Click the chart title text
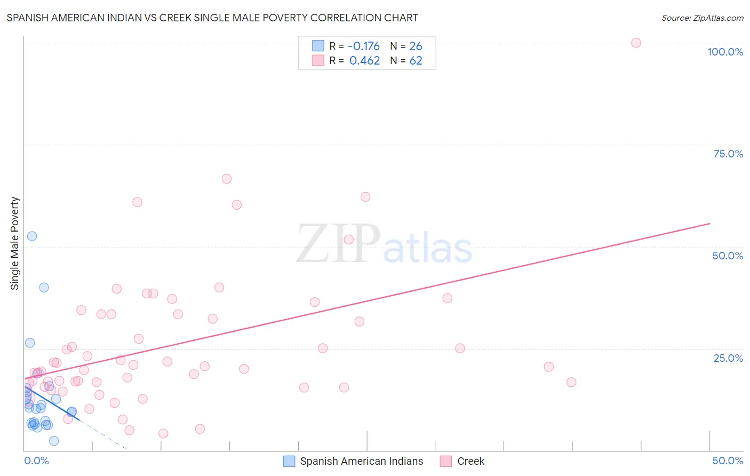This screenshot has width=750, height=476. pyautogui.click(x=212, y=18)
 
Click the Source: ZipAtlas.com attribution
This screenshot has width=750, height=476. pyautogui.click(x=702, y=18)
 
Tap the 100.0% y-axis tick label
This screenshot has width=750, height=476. pyautogui.click(x=725, y=52)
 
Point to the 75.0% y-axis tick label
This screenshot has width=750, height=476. pyautogui.click(x=728, y=154)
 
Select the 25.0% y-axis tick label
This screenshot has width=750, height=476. pyautogui.click(x=728, y=358)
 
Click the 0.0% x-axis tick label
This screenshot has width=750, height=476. pyautogui.click(x=36, y=461)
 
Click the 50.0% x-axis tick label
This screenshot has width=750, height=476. pyautogui.click(x=728, y=461)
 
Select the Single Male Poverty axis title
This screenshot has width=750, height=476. pyautogui.click(x=15, y=243)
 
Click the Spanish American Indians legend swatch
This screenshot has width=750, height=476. pyautogui.click(x=289, y=461)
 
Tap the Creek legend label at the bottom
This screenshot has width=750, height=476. pyautogui.click(x=470, y=461)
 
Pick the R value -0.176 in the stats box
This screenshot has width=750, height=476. pyautogui.click(x=364, y=46)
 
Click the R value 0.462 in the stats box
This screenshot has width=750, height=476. pyautogui.click(x=364, y=61)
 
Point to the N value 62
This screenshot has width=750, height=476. pyautogui.click(x=416, y=61)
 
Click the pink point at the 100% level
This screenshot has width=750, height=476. pyautogui.click(x=636, y=43)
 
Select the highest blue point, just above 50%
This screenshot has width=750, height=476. pyautogui.click(x=32, y=236)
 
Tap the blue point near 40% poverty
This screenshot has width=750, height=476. pyautogui.click(x=44, y=287)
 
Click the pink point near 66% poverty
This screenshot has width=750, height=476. pyautogui.click(x=227, y=179)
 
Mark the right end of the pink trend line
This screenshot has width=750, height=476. pyautogui.click(x=709, y=224)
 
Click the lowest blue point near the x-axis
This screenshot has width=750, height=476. pyautogui.click(x=54, y=441)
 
